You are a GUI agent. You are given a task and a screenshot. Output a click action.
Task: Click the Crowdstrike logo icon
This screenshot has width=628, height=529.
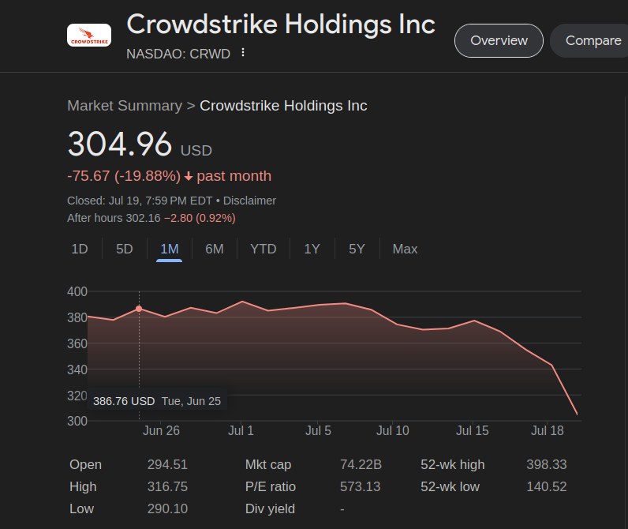pos(89,35)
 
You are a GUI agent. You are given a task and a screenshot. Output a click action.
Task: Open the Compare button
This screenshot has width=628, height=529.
pos(592,41)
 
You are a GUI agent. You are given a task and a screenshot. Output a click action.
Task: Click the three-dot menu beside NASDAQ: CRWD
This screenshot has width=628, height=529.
pos(243,53)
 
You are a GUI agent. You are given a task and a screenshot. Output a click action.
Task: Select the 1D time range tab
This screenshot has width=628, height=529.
pos(80,249)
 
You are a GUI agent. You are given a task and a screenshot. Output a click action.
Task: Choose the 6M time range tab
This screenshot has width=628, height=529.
pos(215,249)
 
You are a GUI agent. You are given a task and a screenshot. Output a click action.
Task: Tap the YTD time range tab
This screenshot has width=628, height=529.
pos(264,249)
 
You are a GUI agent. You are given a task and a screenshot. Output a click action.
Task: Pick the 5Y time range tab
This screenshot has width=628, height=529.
pos(357,249)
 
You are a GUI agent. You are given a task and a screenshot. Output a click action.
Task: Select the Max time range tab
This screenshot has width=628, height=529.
pos(405,249)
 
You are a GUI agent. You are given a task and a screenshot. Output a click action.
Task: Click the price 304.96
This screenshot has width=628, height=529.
pos(120,144)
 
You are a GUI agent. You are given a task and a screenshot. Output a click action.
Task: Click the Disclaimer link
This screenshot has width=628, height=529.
pos(249,201)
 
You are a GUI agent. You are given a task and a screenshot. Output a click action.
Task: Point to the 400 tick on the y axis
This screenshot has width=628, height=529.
pos(77,292)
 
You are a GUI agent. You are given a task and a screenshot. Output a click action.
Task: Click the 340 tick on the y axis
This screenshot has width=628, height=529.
pos(77,370)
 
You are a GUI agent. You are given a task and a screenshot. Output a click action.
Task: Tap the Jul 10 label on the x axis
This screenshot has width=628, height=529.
pos(393,430)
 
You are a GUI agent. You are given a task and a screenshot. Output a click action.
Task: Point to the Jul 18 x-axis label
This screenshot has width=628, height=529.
pos(548,430)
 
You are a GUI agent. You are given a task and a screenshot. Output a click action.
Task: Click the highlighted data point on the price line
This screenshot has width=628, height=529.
pos(140,309)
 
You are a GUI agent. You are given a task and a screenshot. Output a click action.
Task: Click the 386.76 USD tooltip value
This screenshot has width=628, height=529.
pos(124,401)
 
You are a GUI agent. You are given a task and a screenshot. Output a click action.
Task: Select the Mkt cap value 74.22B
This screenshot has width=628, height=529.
pos(361,464)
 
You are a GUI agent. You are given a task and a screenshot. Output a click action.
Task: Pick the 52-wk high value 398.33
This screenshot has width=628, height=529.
pos(546,464)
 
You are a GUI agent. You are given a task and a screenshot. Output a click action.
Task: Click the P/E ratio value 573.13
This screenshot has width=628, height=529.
pos(360,486)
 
